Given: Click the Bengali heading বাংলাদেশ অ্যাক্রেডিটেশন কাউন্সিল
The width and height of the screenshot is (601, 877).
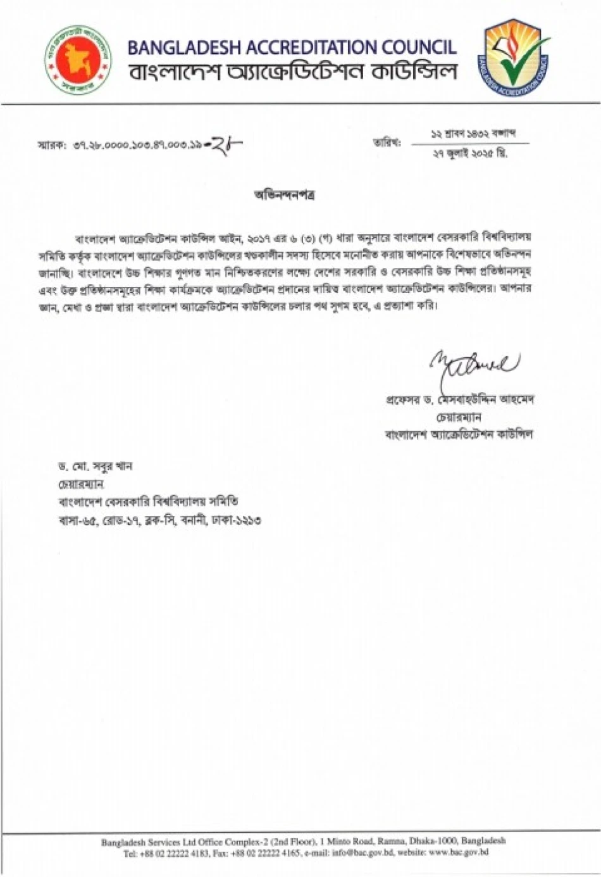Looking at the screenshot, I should [x=292, y=72].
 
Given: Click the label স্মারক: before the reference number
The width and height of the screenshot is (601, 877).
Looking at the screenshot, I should [x=51, y=146].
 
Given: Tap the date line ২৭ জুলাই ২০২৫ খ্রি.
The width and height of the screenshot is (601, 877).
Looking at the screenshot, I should [x=471, y=154].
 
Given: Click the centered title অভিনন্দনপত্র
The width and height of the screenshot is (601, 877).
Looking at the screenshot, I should [x=285, y=195].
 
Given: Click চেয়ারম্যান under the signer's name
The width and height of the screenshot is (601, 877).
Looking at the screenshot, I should [x=459, y=417].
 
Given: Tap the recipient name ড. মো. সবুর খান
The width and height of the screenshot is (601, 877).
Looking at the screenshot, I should [x=95, y=467].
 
